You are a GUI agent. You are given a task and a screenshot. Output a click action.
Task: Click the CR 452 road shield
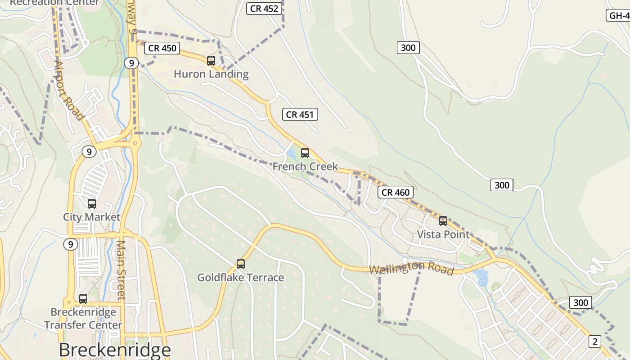tap(265, 8)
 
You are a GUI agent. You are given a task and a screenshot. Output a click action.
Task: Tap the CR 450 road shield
tap(162, 48)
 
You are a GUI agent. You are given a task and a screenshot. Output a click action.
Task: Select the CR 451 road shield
tap(300, 114)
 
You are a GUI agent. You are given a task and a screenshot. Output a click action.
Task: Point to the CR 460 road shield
tap(396, 193)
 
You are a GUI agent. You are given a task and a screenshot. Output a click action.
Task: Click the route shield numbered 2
tap(595, 342)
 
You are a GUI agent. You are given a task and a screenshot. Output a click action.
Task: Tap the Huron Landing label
tap(211, 74)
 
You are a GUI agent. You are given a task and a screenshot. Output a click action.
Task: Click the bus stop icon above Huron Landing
tap(211, 60)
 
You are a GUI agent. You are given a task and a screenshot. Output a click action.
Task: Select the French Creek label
tap(305, 166)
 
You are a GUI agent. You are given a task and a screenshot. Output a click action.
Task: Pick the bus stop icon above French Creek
tap(305, 153)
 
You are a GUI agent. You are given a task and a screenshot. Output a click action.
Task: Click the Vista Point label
tap(443, 234)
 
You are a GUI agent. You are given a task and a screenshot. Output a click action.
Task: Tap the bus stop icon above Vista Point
tap(443, 221)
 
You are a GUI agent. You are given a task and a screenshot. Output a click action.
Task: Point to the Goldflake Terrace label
tap(241, 278)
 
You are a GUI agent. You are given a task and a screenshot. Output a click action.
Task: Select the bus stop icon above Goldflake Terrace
tap(241, 264)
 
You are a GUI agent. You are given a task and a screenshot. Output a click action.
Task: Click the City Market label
tap(92, 217)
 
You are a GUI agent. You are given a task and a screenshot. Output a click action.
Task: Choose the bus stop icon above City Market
tap(92, 204)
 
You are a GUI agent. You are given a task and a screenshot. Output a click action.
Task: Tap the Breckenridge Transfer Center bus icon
tap(83, 298)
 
